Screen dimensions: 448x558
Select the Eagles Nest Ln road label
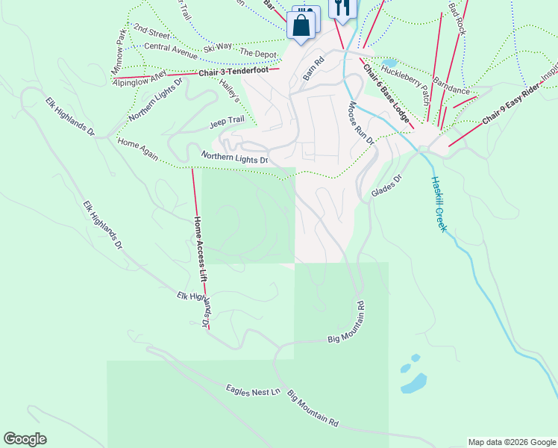[252, 391]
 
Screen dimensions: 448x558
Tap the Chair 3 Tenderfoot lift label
[238, 72]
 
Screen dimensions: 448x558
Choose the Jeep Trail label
[227, 120]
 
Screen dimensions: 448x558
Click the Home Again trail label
[138, 147]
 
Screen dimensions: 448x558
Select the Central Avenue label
[171, 50]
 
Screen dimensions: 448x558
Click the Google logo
[25, 439]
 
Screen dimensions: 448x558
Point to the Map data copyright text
[512, 442]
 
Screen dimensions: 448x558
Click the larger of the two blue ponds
[414, 383]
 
